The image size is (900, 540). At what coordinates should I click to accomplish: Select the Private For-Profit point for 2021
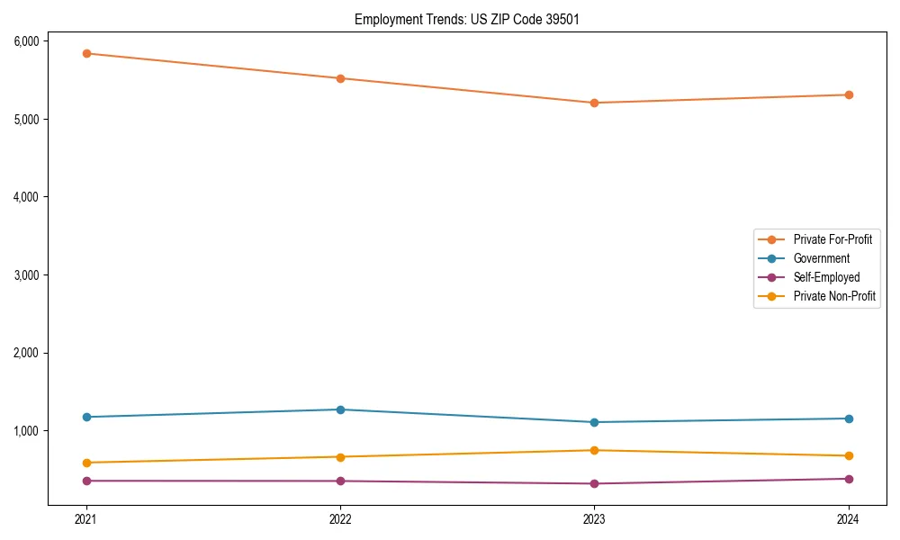pos(86,53)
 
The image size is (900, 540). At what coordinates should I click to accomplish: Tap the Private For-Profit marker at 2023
pos(594,103)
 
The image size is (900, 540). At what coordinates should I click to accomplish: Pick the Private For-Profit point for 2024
pos(849,94)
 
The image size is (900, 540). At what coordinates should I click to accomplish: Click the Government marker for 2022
pos(340,409)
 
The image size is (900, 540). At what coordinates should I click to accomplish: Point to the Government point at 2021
pos(86,417)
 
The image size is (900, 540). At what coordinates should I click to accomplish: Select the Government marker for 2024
pos(849,418)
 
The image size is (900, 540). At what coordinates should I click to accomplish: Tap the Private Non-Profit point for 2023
pos(594,450)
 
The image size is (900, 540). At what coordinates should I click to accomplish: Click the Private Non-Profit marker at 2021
pos(86,463)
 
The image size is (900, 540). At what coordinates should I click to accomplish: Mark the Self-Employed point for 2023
pos(594,483)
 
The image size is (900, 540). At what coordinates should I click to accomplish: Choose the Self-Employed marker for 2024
pos(849,479)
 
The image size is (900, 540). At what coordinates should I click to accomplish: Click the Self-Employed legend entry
pos(826,277)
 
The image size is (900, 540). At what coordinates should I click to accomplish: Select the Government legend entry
pos(821,258)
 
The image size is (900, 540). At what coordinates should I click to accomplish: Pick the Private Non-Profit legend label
pos(834,296)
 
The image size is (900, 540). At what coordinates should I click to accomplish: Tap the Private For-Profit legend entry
pos(832,239)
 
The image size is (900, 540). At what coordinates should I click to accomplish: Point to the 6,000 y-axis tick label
pos(25,41)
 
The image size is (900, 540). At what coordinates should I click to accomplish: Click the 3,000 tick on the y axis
pos(25,274)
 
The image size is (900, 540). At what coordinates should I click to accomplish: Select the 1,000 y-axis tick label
pos(25,431)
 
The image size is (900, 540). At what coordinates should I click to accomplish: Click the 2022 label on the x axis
pos(340,519)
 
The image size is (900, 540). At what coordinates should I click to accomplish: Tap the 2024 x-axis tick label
pos(849,519)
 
